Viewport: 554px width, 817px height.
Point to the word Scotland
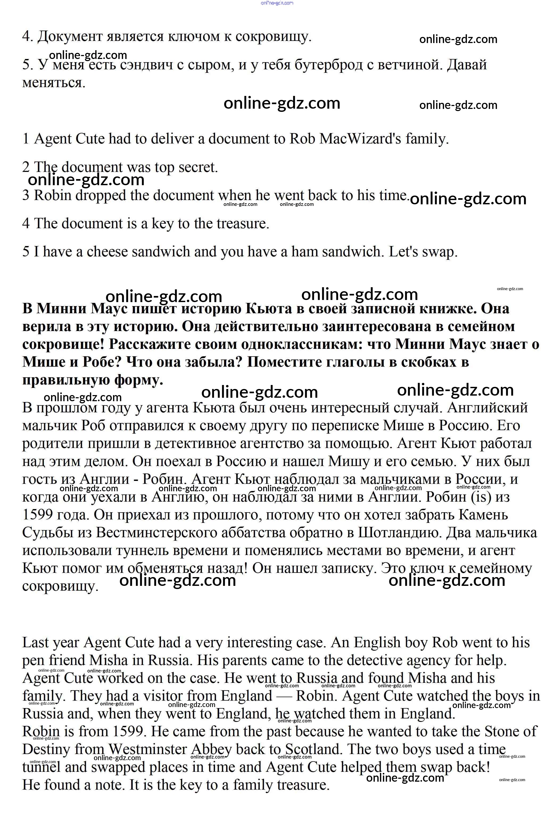tap(313, 750)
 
